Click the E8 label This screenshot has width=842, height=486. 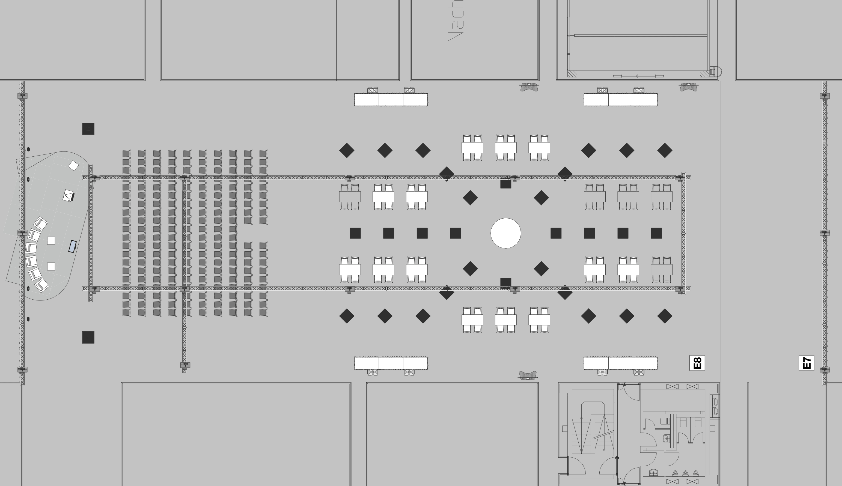tap(697, 363)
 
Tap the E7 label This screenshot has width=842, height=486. tap(806, 363)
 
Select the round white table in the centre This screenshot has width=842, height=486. tap(505, 233)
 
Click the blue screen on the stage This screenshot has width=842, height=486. tap(72, 246)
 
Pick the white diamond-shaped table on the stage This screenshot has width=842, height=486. tap(73, 166)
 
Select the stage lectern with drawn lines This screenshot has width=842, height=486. tap(68, 196)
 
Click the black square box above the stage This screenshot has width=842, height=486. tap(88, 129)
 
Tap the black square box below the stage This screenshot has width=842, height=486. tap(88, 337)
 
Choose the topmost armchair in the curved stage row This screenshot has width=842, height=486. tap(40, 223)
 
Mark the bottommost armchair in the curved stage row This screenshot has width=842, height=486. tap(42, 285)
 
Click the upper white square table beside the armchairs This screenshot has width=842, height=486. tap(51, 241)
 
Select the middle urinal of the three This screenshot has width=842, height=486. tap(685, 473)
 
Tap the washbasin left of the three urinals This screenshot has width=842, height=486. tap(653, 473)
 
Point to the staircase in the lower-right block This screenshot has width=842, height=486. tap(593, 434)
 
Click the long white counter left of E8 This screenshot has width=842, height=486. tap(620, 363)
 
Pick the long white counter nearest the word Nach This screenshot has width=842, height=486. tap(391, 100)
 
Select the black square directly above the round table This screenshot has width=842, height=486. tap(505, 184)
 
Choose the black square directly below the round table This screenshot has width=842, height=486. tap(505, 283)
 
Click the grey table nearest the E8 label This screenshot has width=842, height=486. tap(661, 269)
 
